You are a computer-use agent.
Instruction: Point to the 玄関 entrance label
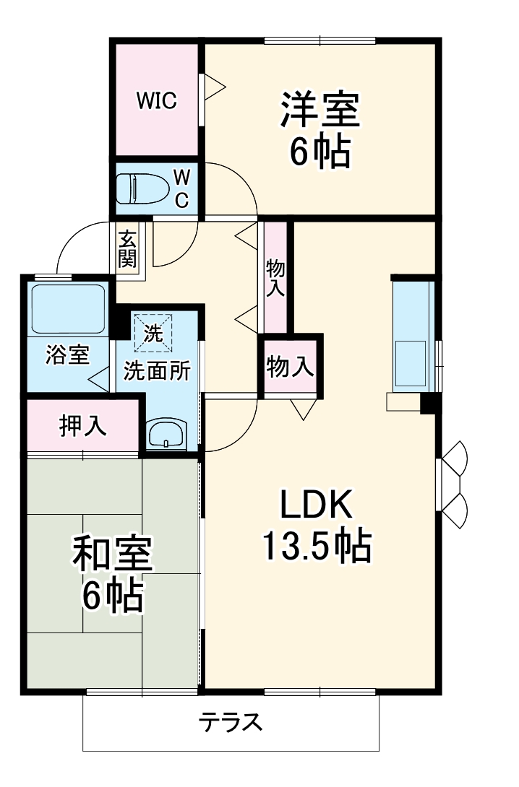[128, 248]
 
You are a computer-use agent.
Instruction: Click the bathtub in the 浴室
[67, 309]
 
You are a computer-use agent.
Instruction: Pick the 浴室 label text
[67, 355]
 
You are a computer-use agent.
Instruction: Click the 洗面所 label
[157, 371]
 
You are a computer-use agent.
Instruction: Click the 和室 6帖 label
[112, 575]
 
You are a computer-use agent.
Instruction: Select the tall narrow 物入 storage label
[275, 277]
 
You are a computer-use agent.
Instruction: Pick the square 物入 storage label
[291, 367]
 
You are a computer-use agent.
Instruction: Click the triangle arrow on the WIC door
[214, 88]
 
